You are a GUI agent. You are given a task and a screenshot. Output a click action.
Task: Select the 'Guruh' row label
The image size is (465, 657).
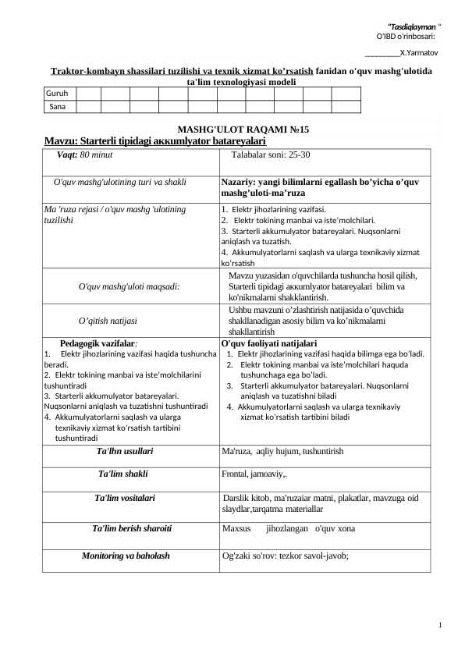pos(57,93)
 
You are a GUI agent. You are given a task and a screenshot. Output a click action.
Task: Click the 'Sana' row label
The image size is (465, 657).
pos(57,105)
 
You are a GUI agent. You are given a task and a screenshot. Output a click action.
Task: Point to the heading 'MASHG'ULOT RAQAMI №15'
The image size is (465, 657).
pos(232,130)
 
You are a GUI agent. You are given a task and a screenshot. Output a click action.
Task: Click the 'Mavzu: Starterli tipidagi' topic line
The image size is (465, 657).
pos(155,141)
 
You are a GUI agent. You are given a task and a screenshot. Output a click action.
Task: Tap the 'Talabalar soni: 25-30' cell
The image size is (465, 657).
pos(270,155)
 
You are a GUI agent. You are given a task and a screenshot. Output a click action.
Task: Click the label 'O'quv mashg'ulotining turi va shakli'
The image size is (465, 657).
pos(119,182)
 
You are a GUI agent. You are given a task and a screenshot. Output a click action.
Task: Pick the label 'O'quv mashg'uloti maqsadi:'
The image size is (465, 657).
pos(130,286)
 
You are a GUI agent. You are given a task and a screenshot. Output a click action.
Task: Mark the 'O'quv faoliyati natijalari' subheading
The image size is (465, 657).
pos(269,343)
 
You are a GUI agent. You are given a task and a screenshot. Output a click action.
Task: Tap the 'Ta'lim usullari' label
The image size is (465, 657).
pos(124,451)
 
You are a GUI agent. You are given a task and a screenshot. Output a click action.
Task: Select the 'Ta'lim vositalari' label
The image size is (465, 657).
pos(125,497)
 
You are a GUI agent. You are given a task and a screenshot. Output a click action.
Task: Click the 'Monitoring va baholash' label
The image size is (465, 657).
pos(126,556)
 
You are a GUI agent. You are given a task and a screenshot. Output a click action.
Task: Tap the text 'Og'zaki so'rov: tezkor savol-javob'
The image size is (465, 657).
pos(285,556)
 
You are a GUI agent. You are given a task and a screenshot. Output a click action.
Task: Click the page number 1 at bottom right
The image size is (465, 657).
pos(441,624)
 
